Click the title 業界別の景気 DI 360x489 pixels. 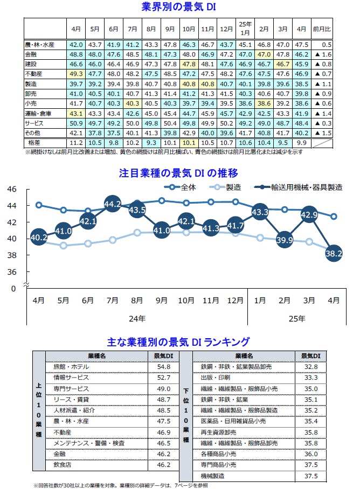click(179, 7)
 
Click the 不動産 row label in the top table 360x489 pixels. click(36, 74)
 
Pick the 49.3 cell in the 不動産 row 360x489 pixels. click(76, 74)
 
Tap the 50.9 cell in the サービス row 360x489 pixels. click(76, 123)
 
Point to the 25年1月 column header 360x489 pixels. click(245, 27)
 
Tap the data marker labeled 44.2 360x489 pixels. click(113, 204)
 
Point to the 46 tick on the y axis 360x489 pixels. click(12, 189)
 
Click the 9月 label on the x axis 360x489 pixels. click(162, 300)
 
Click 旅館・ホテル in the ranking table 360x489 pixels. click(71, 367)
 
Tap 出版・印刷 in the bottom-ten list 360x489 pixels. click(215, 378)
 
